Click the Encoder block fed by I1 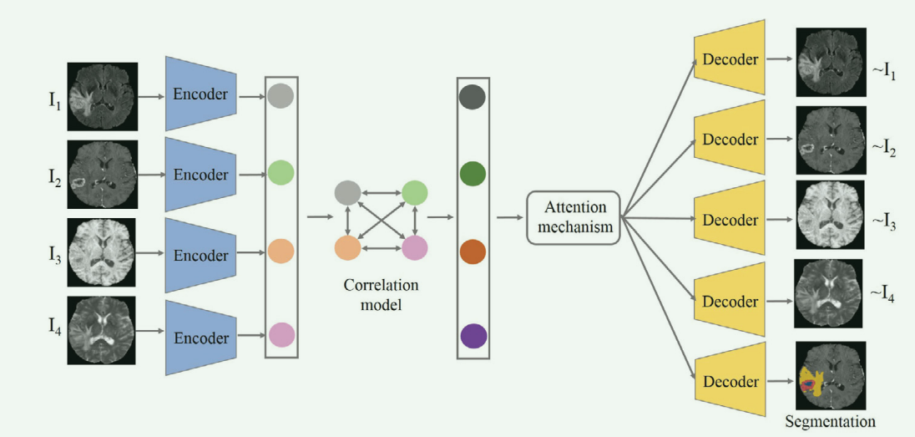(200, 94)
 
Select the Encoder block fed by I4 (200, 338)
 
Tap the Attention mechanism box (573, 217)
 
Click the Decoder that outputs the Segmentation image (730, 381)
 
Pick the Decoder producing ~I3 (730, 220)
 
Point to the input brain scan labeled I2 (102, 175)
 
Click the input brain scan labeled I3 (102, 256)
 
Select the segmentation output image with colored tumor (830, 375)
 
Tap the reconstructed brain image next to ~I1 (830, 61)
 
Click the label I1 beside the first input (53, 102)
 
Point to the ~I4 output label (883, 293)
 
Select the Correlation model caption (381, 295)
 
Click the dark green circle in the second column (473, 174)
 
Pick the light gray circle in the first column (281, 94)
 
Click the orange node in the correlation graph (347, 248)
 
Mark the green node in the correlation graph (414, 193)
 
